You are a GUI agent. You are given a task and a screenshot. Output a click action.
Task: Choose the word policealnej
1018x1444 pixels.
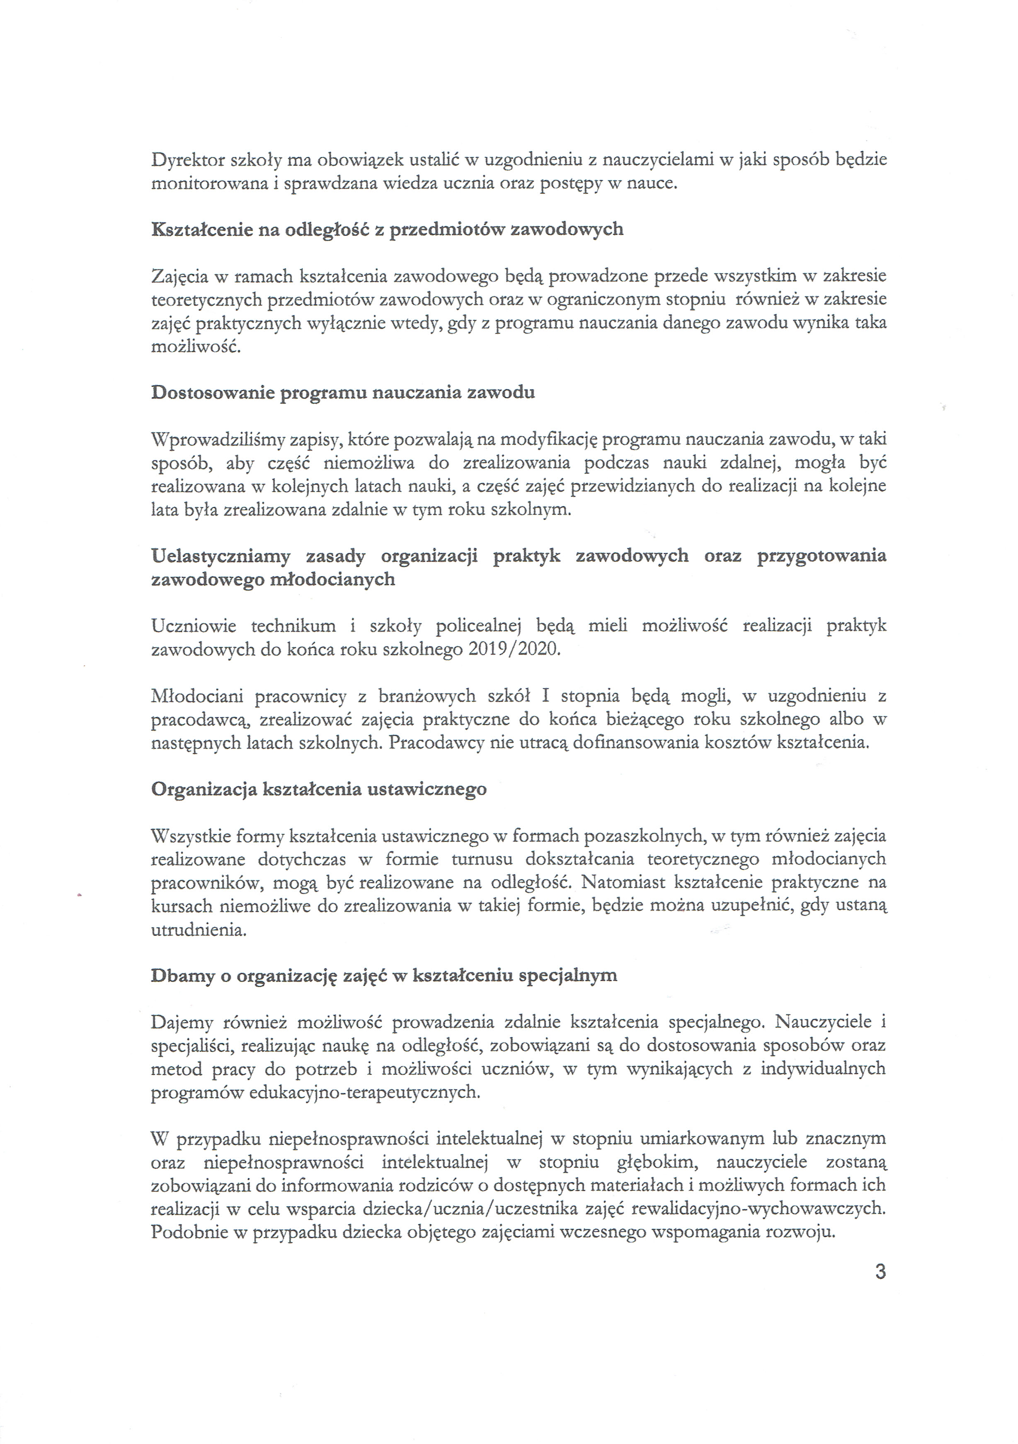pyautogui.click(x=478, y=626)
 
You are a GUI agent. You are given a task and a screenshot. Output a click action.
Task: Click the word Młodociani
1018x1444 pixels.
pyautogui.click(x=195, y=696)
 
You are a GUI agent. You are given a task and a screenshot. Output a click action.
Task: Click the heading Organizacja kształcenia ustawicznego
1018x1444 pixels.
pyautogui.click(x=319, y=789)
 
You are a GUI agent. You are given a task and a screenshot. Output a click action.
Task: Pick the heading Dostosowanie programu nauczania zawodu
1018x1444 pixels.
pyautogui.click(x=343, y=392)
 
